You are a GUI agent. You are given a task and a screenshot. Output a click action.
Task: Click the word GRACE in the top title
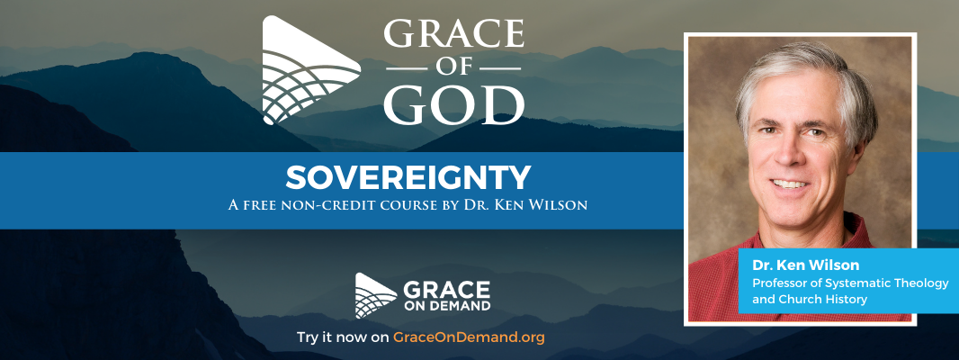(x=453, y=35)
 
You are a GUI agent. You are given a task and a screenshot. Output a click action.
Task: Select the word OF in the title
(x=453, y=68)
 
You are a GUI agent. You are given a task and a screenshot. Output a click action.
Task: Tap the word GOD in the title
(x=453, y=104)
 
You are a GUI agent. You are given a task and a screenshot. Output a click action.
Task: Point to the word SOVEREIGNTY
(x=408, y=178)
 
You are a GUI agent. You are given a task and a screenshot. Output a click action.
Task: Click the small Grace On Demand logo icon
(x=375, y=295)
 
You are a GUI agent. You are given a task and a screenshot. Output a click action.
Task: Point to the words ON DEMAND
(x=446, y=305)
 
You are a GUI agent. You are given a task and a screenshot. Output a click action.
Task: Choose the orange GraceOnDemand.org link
(x=469, y=337)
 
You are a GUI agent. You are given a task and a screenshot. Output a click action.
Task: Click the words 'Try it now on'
(x=343, y=337)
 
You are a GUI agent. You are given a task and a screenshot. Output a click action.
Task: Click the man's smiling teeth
(x=789, y=184)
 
